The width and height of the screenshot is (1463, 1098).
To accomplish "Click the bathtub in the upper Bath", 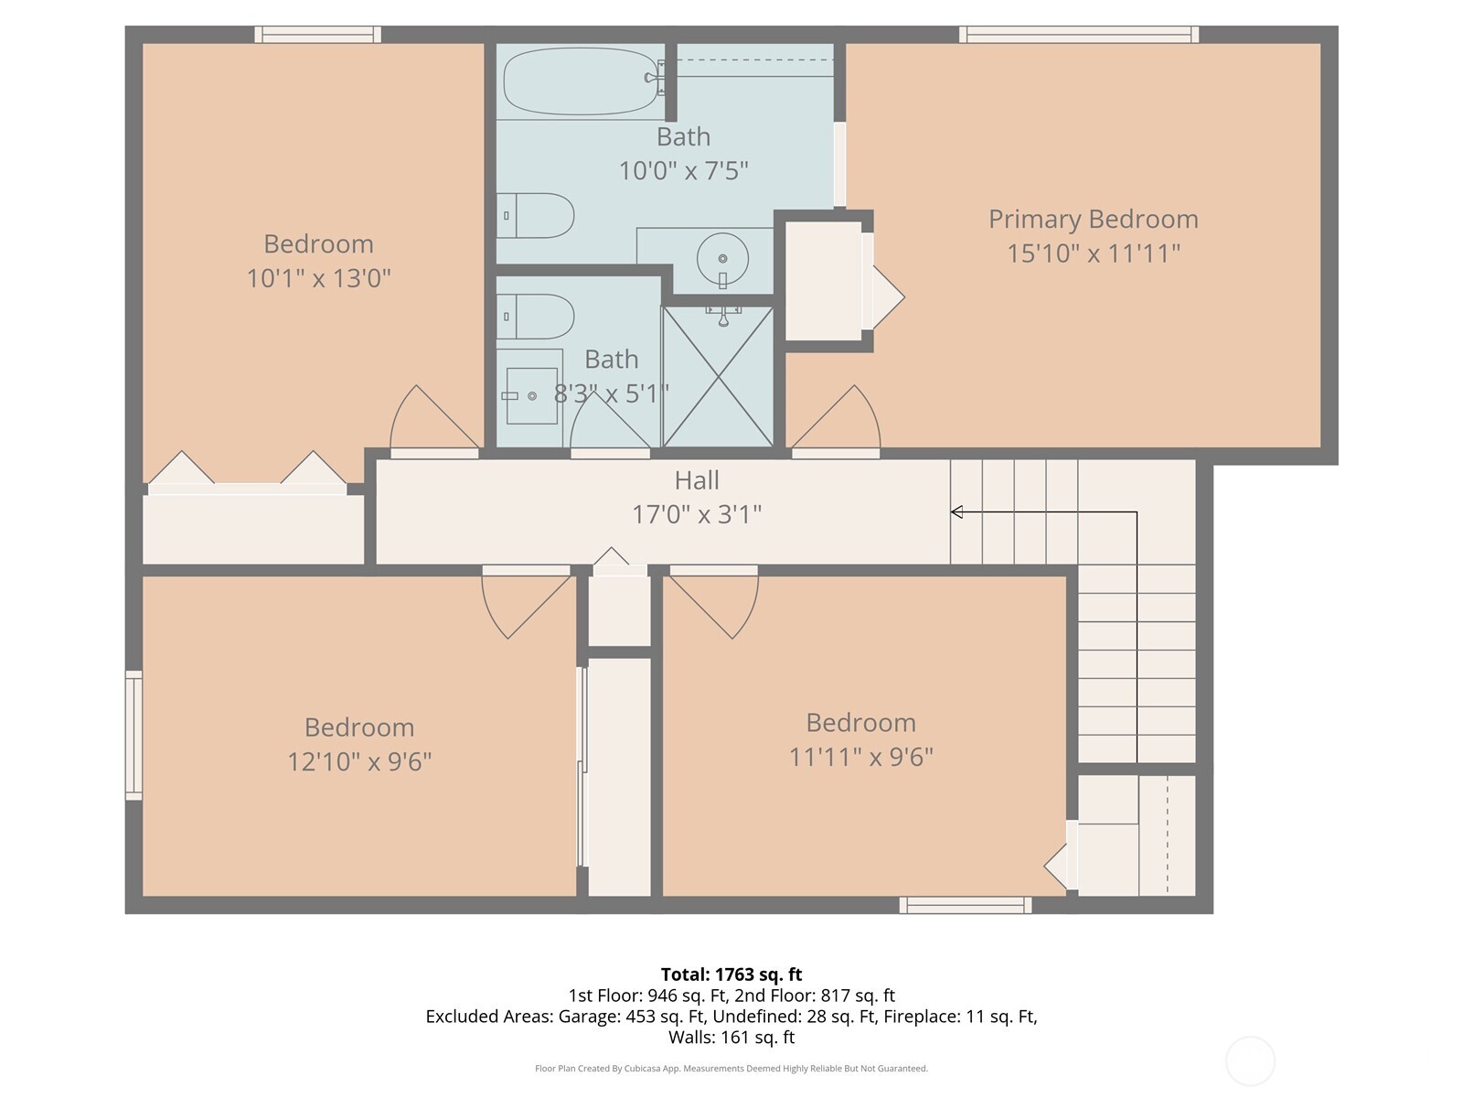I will pyautogui.click(x=582, y=81).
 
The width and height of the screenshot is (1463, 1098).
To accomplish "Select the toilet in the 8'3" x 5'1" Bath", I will pyautogui.click(x=537, y=317).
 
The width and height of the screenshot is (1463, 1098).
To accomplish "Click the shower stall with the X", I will pyautogui.click(x=718, y=377).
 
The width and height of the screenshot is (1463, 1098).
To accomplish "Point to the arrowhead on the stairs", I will pyautogui.click(x=956, y=511).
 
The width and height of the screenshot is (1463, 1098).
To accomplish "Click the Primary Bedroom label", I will pyautogui.click(x=1093, y=219).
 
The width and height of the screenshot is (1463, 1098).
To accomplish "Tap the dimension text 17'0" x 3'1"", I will pyautogui.click(x=697, y=514).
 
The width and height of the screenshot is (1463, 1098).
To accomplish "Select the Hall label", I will pyautogui.click(x=697, y=480).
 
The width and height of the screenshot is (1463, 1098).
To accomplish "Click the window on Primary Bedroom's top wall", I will pyautogui.click(x=1079, y=35).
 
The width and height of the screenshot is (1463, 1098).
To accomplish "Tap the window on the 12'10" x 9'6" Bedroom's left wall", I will pyautogui.click(x=134, y=735).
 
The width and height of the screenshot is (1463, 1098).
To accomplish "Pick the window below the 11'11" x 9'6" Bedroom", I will pyautogui.click(x=966, y=905).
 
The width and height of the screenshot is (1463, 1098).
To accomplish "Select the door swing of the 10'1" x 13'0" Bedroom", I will pyautogui.click(x=430, y=422).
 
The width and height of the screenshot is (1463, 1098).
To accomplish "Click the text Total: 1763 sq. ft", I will pyautogui.click(x=731, y=974).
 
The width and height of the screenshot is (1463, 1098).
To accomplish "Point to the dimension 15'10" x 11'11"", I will pyautogui.click(x=1093, y=253).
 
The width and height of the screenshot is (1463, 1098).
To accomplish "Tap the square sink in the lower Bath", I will pyautogui.click(x=531, y=395).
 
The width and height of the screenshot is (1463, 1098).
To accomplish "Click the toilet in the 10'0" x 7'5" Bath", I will pyautogui.click(x=537, y=216).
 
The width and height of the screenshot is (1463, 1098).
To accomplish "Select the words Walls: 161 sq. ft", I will pyautogui.click(x=731, y=1037).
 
